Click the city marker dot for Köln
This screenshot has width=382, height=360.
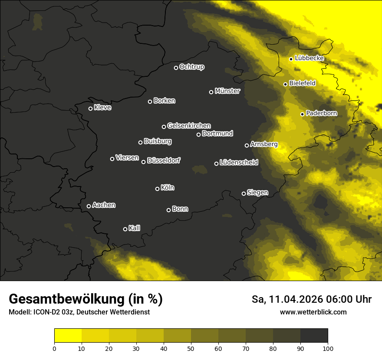click(157, 189)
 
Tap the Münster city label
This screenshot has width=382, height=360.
click(227, 91)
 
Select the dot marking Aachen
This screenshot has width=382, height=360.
click(89, 206)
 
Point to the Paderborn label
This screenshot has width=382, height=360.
click(321, 113)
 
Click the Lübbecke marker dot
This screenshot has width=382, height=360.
click(291, 59)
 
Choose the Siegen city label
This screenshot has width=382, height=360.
click(257, 193)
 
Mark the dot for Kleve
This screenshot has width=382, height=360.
click(90, 108)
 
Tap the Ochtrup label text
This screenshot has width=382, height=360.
click(191, 67)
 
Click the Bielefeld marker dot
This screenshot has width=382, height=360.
click(285, 84)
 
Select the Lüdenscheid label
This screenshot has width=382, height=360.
click(239, 163)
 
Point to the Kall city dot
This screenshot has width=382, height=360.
click(125, 229)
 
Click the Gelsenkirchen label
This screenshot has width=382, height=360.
click(189, 126)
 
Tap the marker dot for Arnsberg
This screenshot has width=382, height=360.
click(247, 145)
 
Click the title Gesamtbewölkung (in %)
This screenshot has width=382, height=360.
click(86, 299)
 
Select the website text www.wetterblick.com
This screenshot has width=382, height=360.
click(313, 312)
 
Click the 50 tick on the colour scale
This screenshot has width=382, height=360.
click(191, 348)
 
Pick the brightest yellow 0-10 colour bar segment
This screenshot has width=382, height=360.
click(68, 335)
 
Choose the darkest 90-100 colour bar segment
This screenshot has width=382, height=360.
click(314, 335)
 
